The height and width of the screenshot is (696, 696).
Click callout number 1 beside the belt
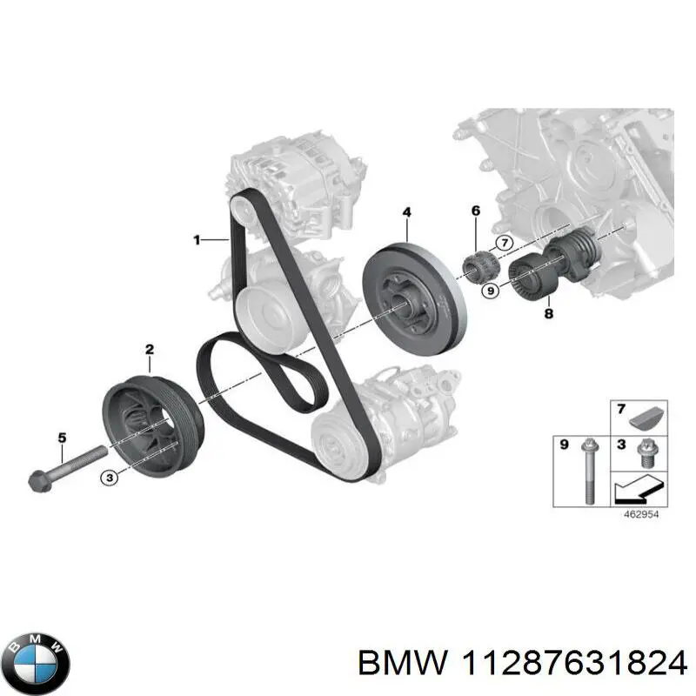(x=197, y=238)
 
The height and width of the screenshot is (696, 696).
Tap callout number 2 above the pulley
(x=149, y=350)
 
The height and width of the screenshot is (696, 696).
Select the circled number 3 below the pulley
(x=109, y=476)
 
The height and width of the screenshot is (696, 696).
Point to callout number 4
(x=406, y=211)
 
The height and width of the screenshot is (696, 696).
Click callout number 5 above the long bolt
(x=62, y=438)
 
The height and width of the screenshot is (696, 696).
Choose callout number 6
(x=475, y=211)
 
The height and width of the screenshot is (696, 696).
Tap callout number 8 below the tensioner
(x=548, y=313)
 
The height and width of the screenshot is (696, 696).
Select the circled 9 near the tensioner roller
(x=490, y=291)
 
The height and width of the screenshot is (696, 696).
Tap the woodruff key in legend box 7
(x=646, y=418)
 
